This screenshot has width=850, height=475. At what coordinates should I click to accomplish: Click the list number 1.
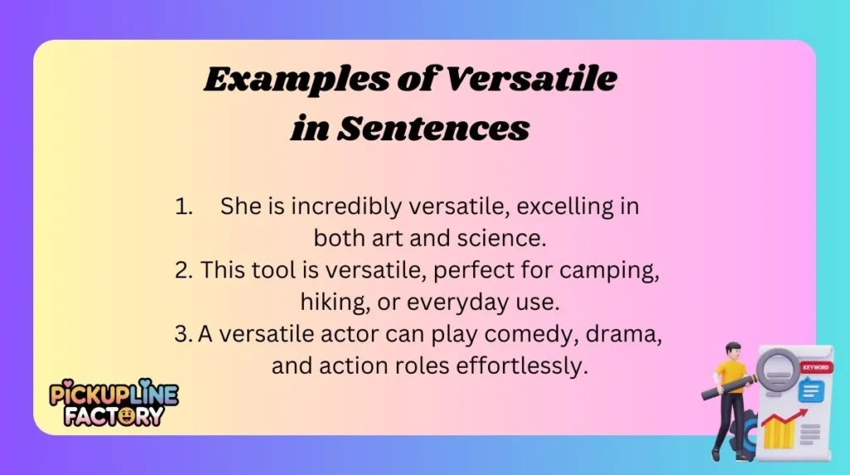click(x=183, y=208)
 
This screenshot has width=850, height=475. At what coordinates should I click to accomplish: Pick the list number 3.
click(x=183, y=334)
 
